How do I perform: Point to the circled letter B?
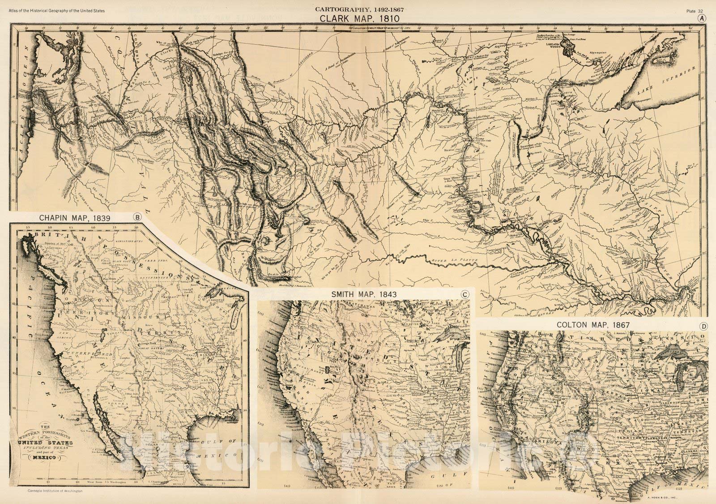137,218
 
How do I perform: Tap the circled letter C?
465,294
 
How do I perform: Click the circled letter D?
703,326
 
